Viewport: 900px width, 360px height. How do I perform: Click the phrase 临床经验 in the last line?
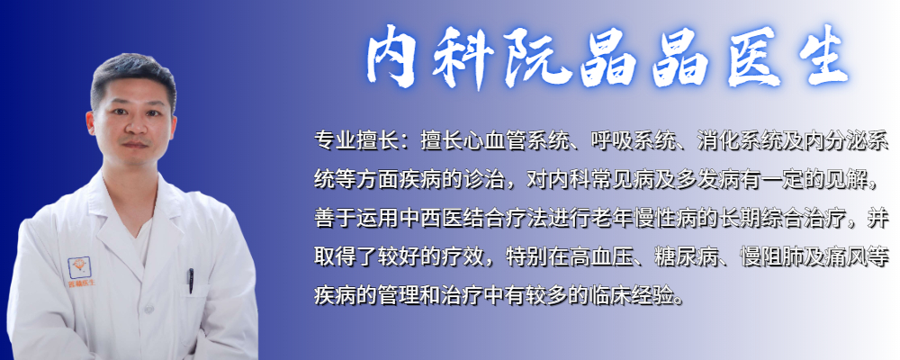[x=638, y=295]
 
